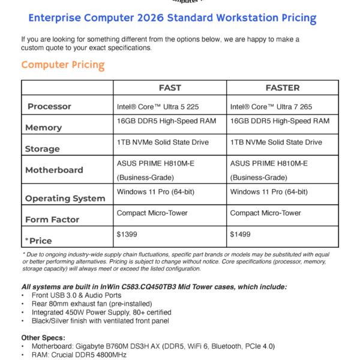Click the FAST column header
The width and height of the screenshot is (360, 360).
tap(170, 88)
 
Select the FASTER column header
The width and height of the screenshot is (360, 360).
tap(283, 88)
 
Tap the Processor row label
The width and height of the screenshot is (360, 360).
tap(58, 107)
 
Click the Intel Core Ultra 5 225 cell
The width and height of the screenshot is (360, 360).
tap(157, 107)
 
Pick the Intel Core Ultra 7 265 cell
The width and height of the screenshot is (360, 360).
tap(271, 107)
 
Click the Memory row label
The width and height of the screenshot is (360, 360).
tap(44, 128)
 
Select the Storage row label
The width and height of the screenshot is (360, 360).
tap(42, 149)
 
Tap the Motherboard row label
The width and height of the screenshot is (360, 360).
tap(54, 170)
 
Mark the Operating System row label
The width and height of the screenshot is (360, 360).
tap(65, 199)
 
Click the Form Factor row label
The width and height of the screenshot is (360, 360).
tap(52, 220)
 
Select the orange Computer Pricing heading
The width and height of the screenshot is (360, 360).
tap(63, 65)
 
